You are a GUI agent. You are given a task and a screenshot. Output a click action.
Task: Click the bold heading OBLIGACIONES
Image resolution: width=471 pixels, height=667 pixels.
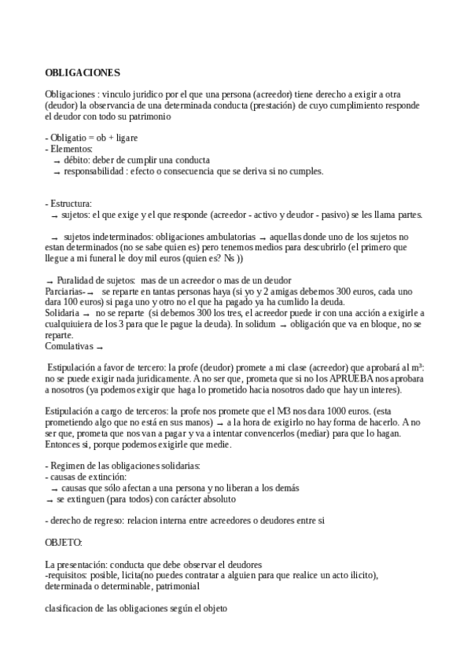[83, 72]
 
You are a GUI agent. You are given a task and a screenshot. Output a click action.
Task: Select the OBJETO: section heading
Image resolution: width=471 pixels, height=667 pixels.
[64, 543]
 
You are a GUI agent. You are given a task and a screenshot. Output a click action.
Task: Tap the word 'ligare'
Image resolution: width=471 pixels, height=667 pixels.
[126, 138]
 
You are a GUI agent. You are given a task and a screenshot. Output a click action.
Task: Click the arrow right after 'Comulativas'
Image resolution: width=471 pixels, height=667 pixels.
[100, 347]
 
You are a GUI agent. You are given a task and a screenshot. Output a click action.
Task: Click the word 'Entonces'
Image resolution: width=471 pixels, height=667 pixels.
[64, 445]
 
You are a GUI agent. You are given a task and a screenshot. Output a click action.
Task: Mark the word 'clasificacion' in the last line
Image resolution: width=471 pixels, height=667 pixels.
[69, 608]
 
